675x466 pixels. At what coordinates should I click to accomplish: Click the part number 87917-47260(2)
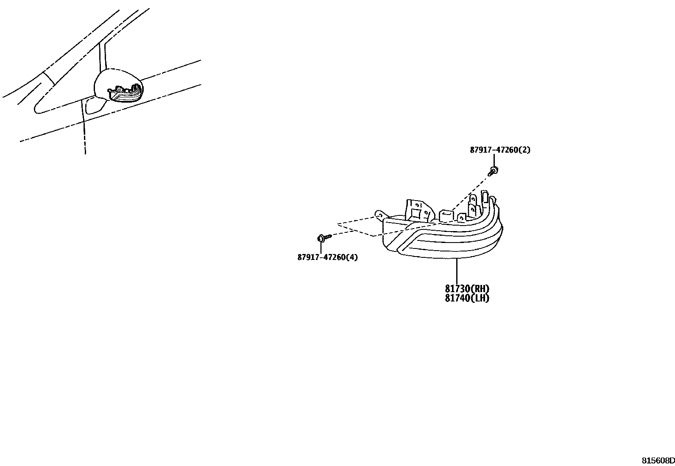499,150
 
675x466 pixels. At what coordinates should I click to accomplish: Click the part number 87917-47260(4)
327,257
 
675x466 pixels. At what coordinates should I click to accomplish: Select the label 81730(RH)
467,289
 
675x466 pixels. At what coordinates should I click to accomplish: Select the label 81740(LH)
467,298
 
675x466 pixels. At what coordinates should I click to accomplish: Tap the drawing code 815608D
657,460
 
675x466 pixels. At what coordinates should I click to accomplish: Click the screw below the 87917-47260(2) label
494,170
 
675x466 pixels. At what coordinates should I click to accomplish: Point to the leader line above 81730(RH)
457,271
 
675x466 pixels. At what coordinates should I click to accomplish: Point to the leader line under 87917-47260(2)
494,160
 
